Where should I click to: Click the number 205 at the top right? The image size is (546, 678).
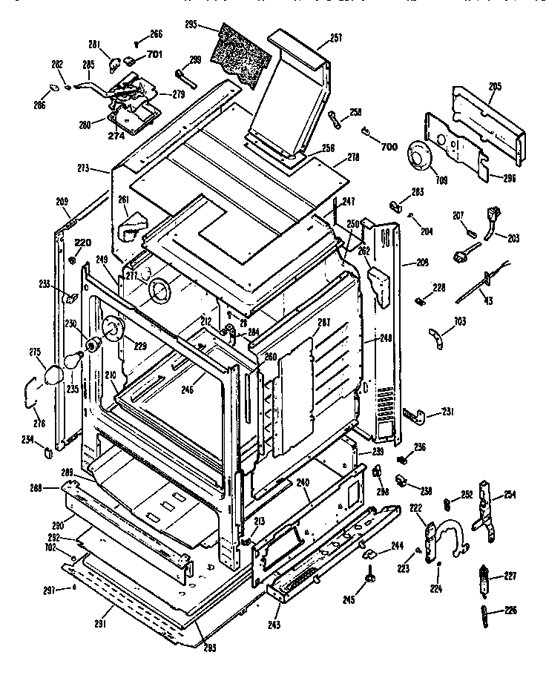pos(495,87)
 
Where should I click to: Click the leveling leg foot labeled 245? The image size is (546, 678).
pos(369,579)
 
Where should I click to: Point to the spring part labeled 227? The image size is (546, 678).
pos(487,576)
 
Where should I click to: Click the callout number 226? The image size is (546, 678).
pos(510,611)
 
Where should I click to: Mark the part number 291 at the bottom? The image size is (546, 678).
pos(101,625)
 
